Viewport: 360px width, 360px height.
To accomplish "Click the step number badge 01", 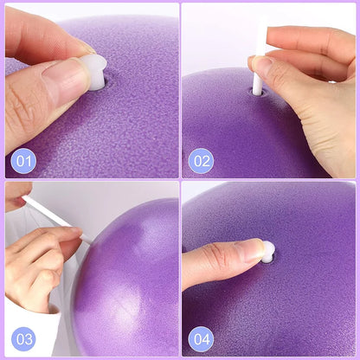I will (23, 159).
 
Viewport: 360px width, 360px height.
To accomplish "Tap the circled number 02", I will (201, 160).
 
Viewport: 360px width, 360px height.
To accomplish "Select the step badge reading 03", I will (23, 339).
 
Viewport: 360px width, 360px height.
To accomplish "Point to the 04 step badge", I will (201, 339).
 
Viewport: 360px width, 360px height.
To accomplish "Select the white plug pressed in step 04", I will (268, 252).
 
